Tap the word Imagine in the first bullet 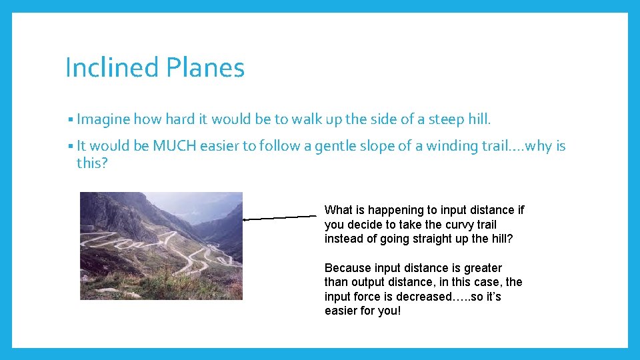[103, 120]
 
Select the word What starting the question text [339, 210]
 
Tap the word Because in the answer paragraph [348, 268]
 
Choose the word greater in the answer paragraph [483, 268]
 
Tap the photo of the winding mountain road [161, 246]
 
